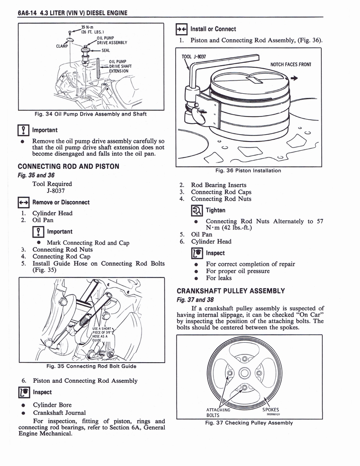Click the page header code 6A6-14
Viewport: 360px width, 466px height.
pyautogui.click(x=27, y=13)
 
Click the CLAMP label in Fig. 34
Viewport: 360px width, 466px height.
pyautogui.click(x=62, y=46)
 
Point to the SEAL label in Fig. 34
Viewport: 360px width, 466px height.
pyautogui.click(x=106, y=51)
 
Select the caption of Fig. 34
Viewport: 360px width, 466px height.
pyautogui.click(x=91, y=114)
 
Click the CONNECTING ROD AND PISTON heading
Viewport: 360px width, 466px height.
pyautogui.click(x=68, y=167)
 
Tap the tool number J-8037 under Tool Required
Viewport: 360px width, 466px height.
pyautogui.click(x=56, y=191)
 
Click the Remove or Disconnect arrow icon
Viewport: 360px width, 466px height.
pyautogui.click(x=24, y=203)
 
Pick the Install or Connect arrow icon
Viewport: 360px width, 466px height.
pyautogui.click(x=181, y=29)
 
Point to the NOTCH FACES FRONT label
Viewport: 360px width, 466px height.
pyautogui.click(x=291, y=65)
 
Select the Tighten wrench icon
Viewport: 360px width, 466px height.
pyautogui.click(x=197, y=210)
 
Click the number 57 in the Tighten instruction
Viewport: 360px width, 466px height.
pyautogui.click(x=320, y=221)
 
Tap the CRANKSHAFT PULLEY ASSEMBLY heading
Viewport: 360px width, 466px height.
pyautogui.click(x=231, y=291)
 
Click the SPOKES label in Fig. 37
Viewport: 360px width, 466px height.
pyautogui.click(x=270, y=410)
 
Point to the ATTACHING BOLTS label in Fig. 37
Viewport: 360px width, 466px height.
pyautogui.click(x=218, y=412)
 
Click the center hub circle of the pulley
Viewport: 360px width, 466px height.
pyautogui.click(x=244, y=373)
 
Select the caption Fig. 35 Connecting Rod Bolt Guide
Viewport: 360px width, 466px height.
pyautogui.click(x=91, y=366)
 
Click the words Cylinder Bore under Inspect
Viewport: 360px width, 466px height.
pyautogui.click(x=52, y=405)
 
